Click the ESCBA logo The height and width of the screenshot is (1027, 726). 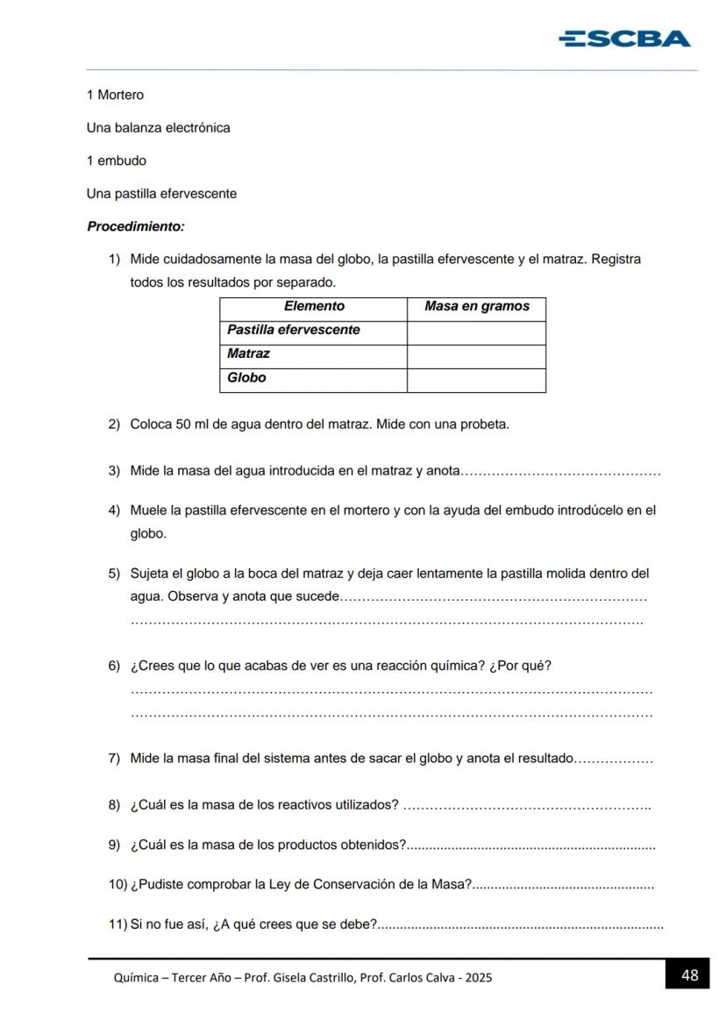(x=624, y=39)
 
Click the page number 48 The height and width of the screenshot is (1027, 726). (x=689, y=974)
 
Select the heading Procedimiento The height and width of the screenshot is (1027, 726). (x=136, y=226)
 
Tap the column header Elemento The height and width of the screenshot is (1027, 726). (x=314, y=306)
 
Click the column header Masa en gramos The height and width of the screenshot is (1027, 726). (x=476, y=306)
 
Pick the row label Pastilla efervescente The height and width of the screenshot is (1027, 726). (x=294, y=330)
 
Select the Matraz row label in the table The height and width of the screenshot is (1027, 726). (x=248, y=353)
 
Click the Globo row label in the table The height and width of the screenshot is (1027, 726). (x=246, y=377)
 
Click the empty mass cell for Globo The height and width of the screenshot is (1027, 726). (x=476, y=379)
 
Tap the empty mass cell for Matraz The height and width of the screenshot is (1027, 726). (x=476, y=355)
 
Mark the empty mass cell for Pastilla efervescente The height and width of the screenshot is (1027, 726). (x=476, y=332)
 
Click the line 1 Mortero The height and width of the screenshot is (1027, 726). (x=115, y=95)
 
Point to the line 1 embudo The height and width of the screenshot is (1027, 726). (x=117, y=160)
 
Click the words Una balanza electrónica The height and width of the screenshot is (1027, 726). (x=158, y=128)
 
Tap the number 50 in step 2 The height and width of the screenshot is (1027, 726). (x=183, y=424)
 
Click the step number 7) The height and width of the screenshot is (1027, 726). (x=114, y=759)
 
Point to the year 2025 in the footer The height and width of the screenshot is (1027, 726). (x=479, y=977)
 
